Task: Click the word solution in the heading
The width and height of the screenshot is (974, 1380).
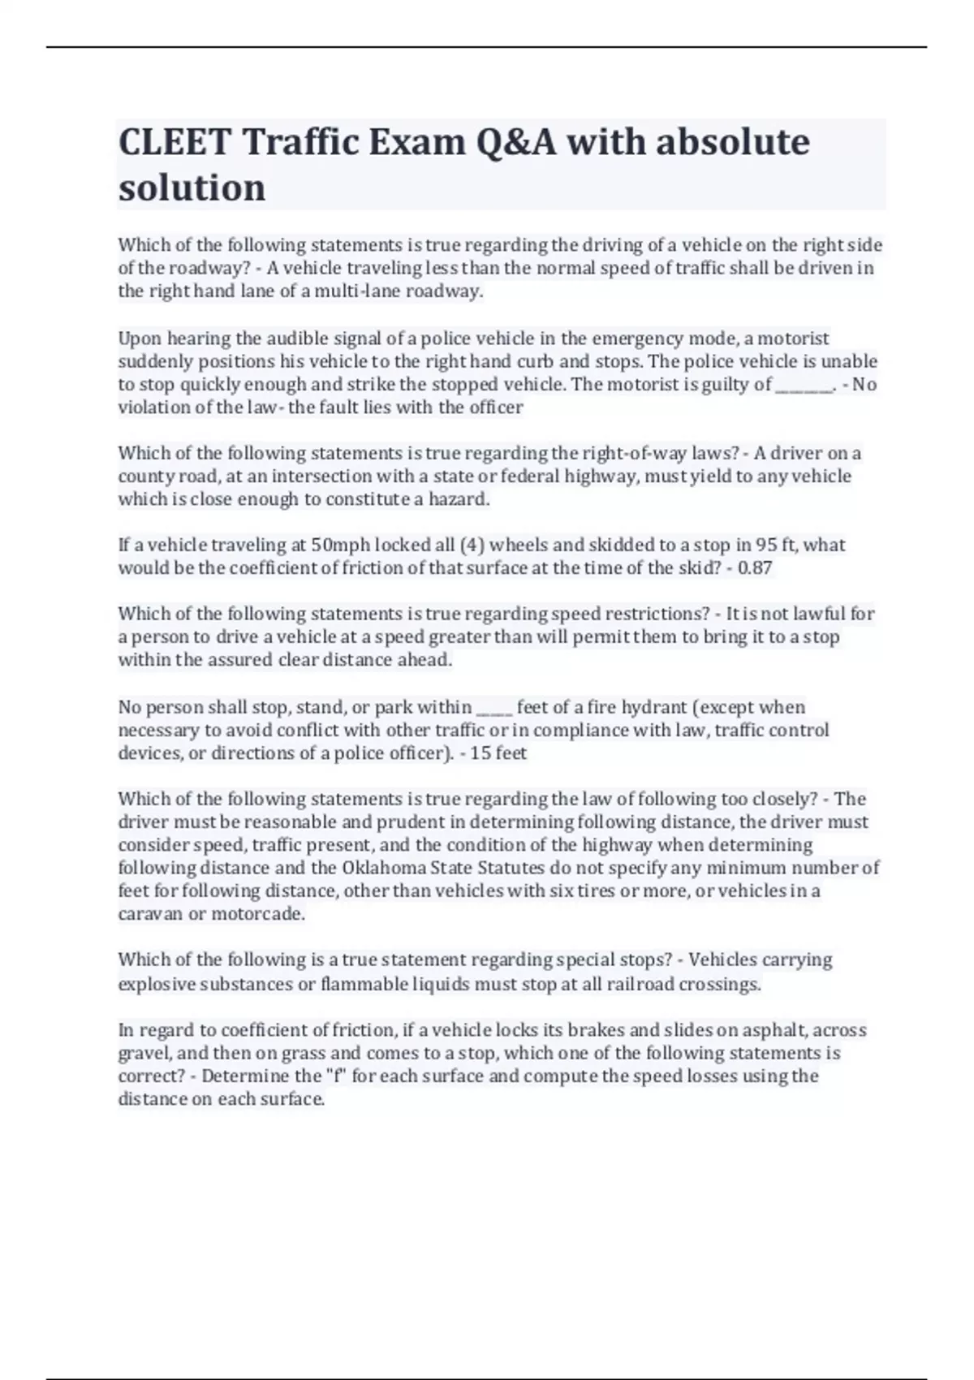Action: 192,188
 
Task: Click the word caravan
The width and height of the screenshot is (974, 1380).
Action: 150,914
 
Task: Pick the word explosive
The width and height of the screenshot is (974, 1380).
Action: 157,985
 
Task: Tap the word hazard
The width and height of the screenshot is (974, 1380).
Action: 459,499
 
